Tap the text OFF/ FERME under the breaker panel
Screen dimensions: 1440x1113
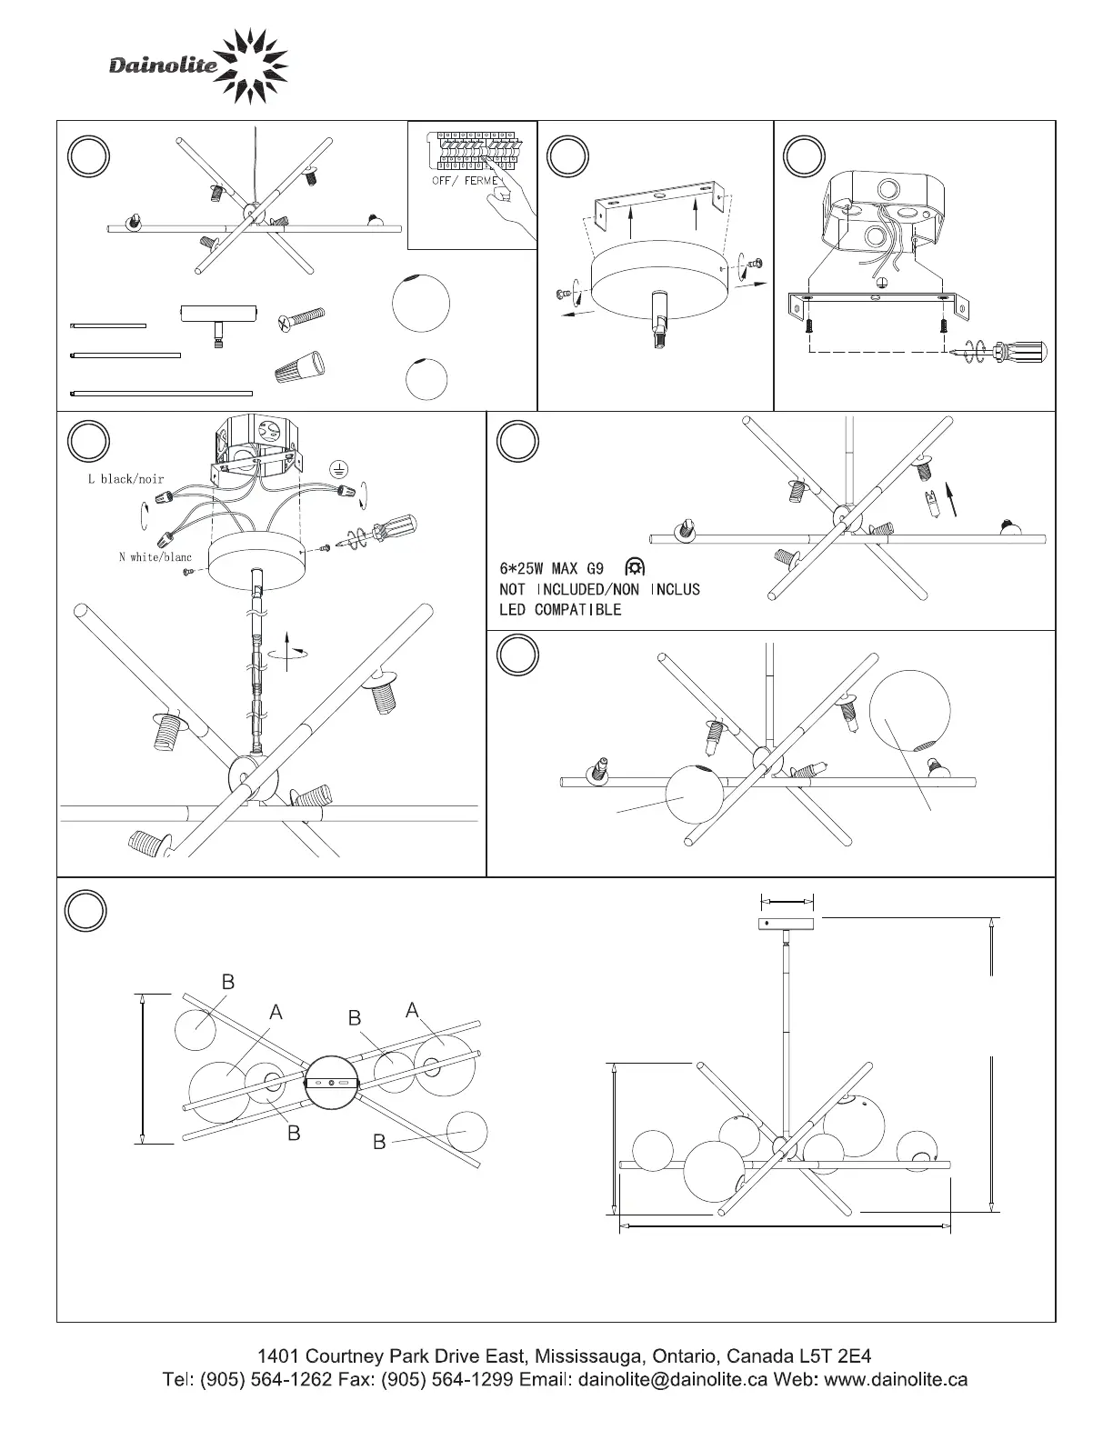(x=466, y=181)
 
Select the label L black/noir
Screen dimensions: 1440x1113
(x=125, y=479)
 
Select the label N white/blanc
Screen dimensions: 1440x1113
(x=155, y=556)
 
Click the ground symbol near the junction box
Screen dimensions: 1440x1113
(x=338, y=469)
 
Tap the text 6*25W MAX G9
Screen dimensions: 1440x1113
(x=551, y=569)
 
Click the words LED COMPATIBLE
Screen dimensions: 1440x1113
(x=560, y=610)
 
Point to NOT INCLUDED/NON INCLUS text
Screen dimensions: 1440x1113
(x=599, y=589)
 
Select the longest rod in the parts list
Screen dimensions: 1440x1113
(x=161, y=393)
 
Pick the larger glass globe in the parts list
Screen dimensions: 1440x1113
(x=420, y=304)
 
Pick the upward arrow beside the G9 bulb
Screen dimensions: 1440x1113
(x=951, y=499)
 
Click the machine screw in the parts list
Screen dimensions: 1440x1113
(x=301, y=319)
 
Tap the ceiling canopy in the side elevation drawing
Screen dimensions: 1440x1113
(x=787, y=924)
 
